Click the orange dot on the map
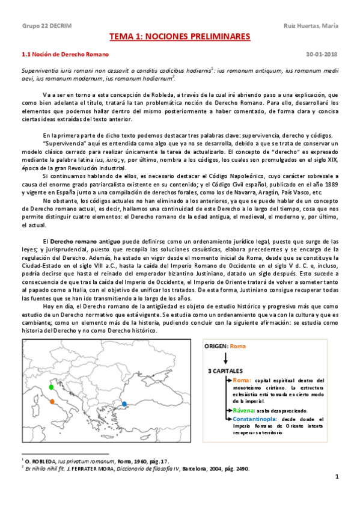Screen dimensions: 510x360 point(53,401)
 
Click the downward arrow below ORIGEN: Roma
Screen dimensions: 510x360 point(224,359)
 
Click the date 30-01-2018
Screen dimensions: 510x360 point(326,54)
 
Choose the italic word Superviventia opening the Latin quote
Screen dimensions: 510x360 point(42,71)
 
